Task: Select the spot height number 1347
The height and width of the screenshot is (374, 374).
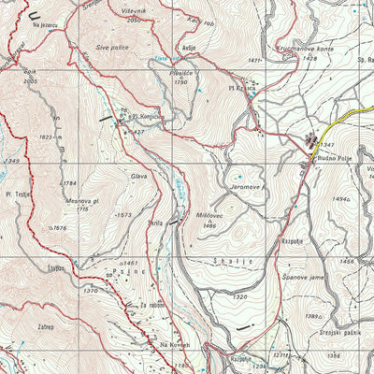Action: coord(326,145)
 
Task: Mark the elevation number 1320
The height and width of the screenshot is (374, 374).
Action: coord(240,297)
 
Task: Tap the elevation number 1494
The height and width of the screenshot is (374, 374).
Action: coord(339,199)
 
